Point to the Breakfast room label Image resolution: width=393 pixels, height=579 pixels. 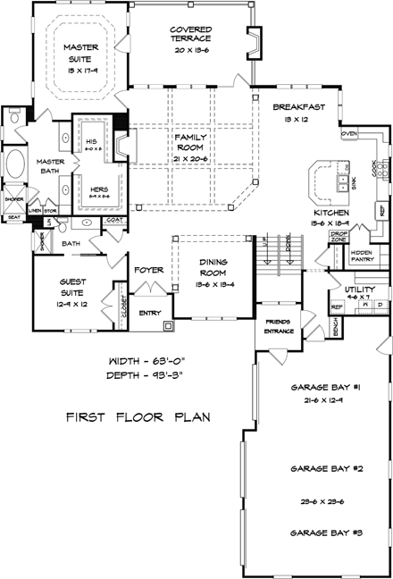pyautogui.click(x=298, y=108)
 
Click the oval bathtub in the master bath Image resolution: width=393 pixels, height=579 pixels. pyautogui.click(x=18, y=168)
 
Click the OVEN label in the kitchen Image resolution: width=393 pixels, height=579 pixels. pyautogui.click(x=349, y=133)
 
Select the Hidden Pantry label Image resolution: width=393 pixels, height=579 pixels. pyautogui.click(x=361, y=256)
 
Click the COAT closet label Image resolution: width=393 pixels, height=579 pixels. pyautogui.click(x=114, y=217)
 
